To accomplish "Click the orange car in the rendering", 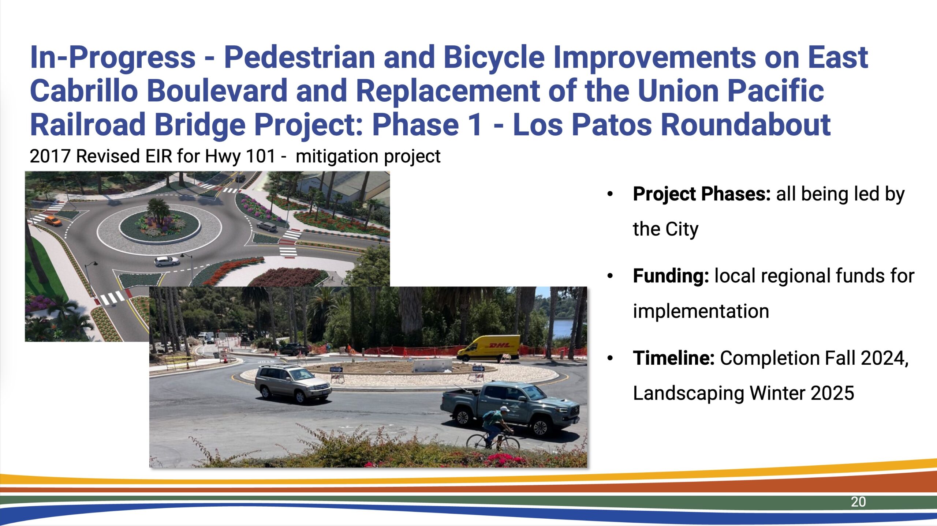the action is pyautogui.click(x=53, y=221).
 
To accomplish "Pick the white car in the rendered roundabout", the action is pyautogui.click(x=167, y=261).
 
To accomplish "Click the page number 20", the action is pyautogui.click(x=858, y=502).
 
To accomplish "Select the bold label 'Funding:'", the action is pyautogui.click(x=671, y=276).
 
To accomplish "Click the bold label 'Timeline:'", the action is pyautogui.click(x=673, y=358).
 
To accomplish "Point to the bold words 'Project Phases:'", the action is pyautogui.click(x=702, y=194).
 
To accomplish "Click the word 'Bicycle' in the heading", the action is pyautogui.click(x=494, y=57).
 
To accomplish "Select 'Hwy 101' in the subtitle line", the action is pyautogui.click(x=240, y=156).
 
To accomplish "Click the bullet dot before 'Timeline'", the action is pyautogui.click(x=610, y=358).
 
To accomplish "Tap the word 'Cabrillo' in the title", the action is pyautogui.click(x=84, y=91).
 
